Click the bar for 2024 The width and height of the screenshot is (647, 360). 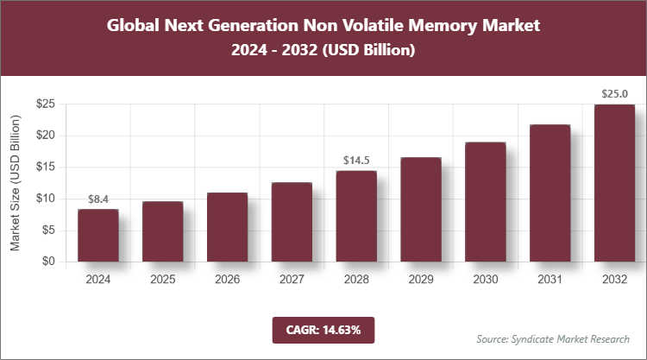[97, 235]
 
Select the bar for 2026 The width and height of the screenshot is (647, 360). [227, 227]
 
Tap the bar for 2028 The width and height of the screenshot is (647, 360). [356, 216]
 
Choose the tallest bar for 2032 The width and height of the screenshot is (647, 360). [615, 183]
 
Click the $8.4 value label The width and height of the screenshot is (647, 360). [97, 199]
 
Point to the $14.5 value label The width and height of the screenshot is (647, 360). [356, 161]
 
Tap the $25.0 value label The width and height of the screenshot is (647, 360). [615, 94]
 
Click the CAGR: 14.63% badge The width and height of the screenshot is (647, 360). [323, 330]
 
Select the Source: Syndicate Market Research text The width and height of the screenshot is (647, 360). [553, 338]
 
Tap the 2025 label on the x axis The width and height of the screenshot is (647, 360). [162, 279]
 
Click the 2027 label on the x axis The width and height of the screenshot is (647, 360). [292, 279]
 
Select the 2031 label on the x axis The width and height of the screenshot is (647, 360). [550, 279]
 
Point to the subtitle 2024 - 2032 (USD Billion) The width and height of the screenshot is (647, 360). [323, 51]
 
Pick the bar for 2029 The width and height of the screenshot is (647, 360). [421, 209]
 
